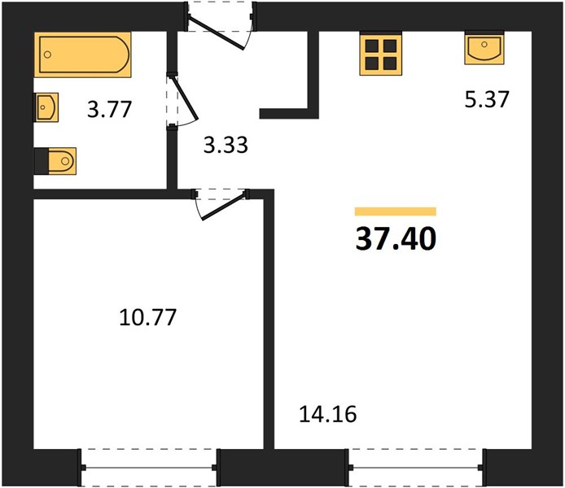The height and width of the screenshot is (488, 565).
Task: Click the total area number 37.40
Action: coord(396,239)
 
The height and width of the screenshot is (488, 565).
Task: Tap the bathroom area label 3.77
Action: coord(109,110)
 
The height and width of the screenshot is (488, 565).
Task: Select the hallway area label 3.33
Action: coord(226,145)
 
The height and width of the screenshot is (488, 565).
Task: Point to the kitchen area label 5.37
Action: coord(487,99)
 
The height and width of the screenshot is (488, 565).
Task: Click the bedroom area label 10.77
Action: coord(147,317)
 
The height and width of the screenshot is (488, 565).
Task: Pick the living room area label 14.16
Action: coord(328,414)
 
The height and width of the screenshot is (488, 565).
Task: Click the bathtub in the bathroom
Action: coord(83,54)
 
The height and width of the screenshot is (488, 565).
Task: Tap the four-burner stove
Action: coord(380,55)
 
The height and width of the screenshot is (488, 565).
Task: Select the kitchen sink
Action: coord(484,49)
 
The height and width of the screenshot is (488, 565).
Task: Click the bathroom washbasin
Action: coord(46,107)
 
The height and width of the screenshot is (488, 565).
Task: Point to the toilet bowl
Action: coord(62,161)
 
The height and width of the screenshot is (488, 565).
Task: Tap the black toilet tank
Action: coord(41,161)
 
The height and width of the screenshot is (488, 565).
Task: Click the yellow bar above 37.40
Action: coord(396,211)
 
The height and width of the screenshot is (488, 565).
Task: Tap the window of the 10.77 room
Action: coord(148,468)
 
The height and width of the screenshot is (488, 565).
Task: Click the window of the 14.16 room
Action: coord(416,468)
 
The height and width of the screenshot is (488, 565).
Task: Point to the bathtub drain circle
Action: coord(47,54)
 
